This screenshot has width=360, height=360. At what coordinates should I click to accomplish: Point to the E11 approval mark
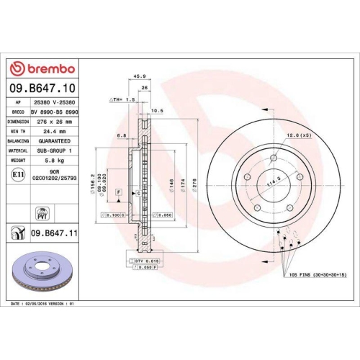pos(17,175)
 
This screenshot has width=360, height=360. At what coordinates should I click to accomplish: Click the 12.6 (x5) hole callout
pos(297,135)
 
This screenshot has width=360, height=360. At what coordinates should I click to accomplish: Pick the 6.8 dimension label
pos(120,134)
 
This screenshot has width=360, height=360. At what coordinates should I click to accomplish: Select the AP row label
pos(17,104)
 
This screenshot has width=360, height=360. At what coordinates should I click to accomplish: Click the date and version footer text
pos(43,305)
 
